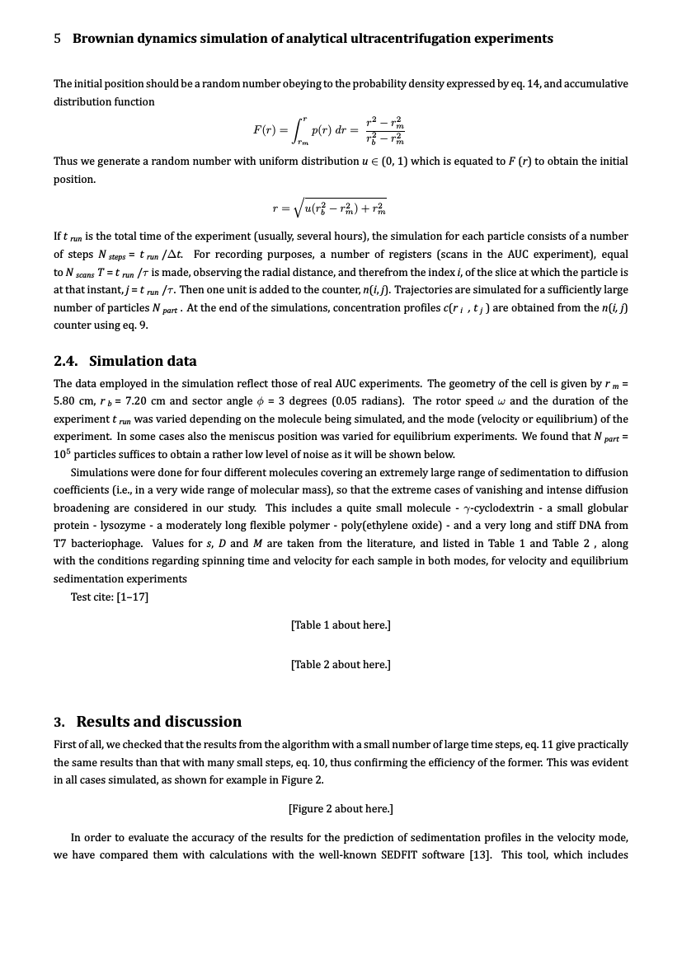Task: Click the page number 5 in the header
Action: point(58,39)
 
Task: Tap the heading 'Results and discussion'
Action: point(159,722)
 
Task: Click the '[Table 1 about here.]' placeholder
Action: point(341,625)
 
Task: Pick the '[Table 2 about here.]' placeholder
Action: point(341,664)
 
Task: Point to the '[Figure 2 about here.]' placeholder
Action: point(341,808)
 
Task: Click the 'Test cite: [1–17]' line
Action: point(110,597)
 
